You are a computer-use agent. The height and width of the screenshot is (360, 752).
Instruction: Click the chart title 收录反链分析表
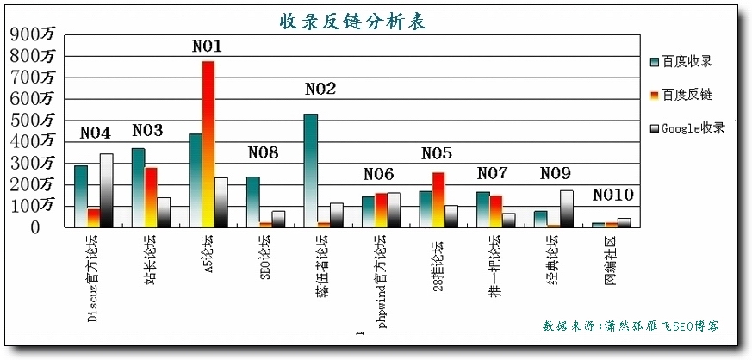coord(352,21)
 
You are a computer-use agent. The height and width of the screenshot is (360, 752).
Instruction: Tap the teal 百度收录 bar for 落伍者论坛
coord(310,170)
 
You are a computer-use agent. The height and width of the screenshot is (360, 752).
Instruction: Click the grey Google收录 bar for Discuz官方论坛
coord(107,190)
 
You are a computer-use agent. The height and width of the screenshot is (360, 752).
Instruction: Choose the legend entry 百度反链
coord(687,95)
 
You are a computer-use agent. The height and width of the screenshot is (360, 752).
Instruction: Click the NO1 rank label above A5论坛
coord(207,47)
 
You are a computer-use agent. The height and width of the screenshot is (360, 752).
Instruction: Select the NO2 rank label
coord(320,90)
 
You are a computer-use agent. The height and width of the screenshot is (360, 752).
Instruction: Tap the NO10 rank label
coord(612,196)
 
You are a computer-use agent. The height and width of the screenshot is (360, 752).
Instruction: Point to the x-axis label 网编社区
coord(611,261)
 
